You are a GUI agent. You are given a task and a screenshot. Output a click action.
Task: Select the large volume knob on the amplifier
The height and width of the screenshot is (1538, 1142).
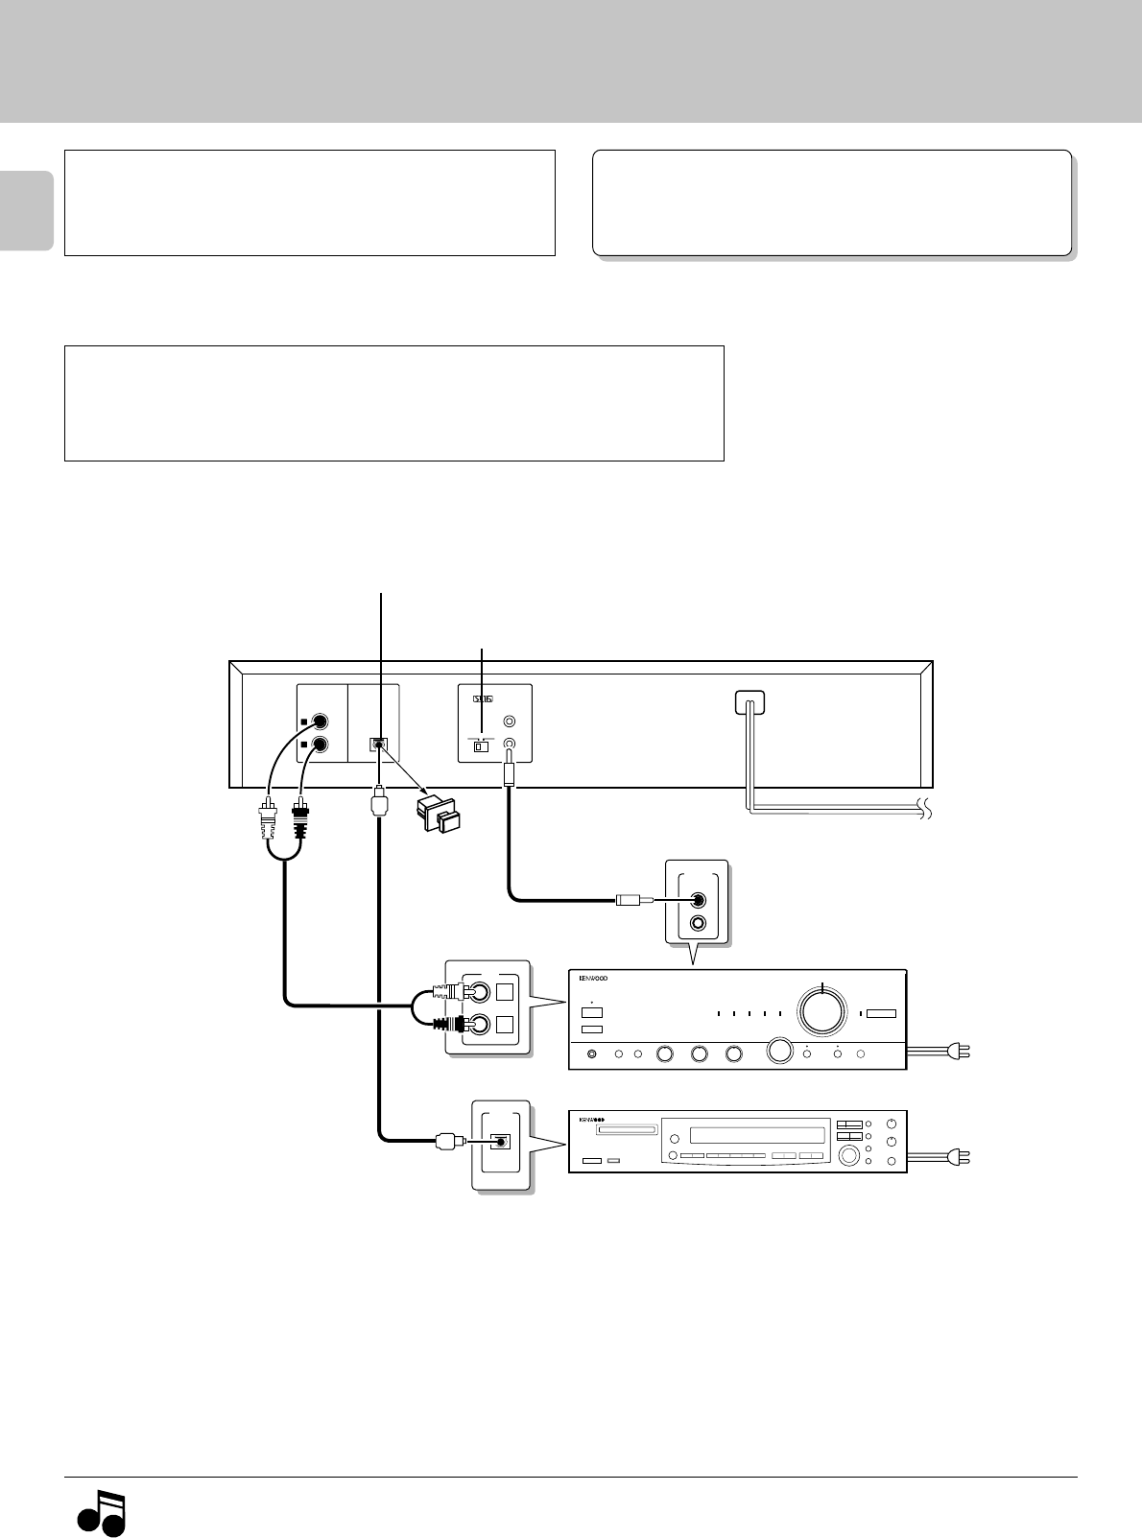point(823,1010)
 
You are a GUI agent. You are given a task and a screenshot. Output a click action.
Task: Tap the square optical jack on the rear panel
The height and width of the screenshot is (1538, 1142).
point(380,745)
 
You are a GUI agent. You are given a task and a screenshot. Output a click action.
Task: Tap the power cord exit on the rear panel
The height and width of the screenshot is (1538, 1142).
point(749,703)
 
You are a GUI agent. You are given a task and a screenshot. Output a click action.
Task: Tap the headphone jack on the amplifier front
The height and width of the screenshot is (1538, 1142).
point(590,1054)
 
